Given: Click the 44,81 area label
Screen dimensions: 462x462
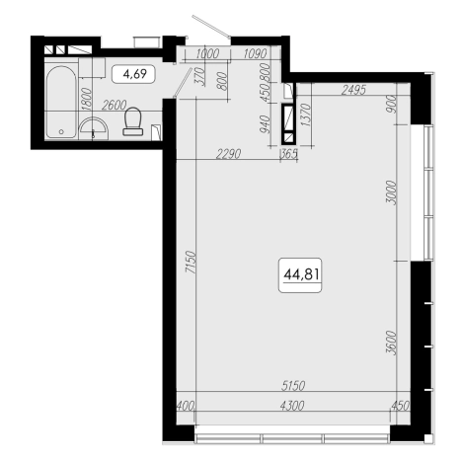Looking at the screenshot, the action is pyautogui.click(x=300, y=274).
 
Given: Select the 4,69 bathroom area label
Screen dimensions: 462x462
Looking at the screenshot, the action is pyautogui.click(x=134, y=74).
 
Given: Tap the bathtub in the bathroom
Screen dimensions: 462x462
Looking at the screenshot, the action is pyautogui.click(x=61, y=103).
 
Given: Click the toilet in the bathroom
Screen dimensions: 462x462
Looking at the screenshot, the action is pyautogui.click(x=133, y=121).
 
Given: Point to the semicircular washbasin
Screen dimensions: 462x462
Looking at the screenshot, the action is pyautogui.click(x=94, y=127).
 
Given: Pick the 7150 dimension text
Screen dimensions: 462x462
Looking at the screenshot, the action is pyautogui.click(x=191, y=263).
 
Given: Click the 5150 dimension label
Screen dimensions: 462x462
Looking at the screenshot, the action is pyautogui.click(x=293, y=386).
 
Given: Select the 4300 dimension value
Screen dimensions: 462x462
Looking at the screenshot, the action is pyautogui.click(x=292, y=406).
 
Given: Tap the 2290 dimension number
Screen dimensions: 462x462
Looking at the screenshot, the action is pyautogui.click(x=228, y=154).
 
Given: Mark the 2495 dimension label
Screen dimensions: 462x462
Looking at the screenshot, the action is pyautogui.click(x=353, y=90).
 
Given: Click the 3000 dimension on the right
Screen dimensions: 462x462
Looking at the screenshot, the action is pyautogui.click(x=392, y=192).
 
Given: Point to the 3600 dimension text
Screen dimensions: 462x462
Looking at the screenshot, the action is pyautogui.click(x=392, y=343).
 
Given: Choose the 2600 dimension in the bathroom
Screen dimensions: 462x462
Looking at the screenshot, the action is pyautogui.click(x=114, y=106).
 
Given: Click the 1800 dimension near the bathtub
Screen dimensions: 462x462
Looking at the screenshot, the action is pyautogui.click(x=86, y=98).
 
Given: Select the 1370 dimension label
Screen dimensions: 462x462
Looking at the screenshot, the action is pyautogui.click(x=306, y=115).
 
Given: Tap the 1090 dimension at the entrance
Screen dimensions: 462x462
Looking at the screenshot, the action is pyautogui.click(x=256, y=53).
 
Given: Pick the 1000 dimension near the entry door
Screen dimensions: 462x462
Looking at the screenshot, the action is pyautogui.click(x=207, y=53).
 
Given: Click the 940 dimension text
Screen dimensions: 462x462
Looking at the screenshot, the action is pyautogui.click(x=265, y=124).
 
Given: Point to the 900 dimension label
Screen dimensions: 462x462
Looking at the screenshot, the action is pyautogui.click(x=392, y=104).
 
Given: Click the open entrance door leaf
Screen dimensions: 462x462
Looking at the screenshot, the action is pyautogui.click(x=211, y=26).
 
